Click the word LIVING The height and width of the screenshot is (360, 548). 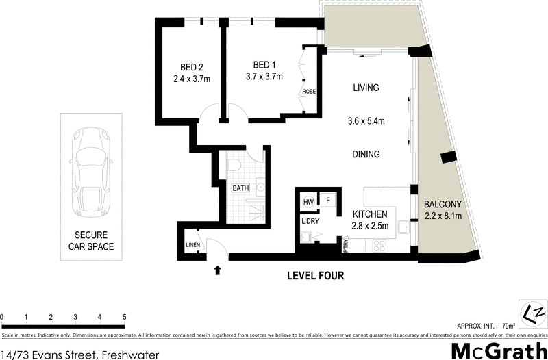[366, 88]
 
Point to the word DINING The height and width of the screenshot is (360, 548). [366, 154]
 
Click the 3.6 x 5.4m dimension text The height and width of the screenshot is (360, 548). [366, 122]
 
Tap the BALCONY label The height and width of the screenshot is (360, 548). [443, 204]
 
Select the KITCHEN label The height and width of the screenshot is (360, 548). [370, 214]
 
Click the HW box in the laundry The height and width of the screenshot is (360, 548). [308, 201]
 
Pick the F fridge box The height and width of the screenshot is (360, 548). [329, 201]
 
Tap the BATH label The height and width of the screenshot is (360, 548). [240, 188]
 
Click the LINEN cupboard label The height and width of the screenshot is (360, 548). [192, 244]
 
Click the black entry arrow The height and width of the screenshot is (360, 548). [218, 270]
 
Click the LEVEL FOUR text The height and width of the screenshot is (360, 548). [314, 277]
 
